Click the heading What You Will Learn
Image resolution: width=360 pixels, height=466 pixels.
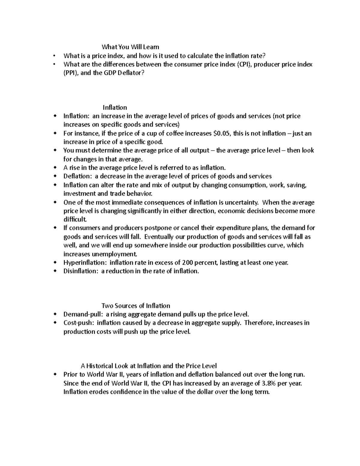(130, 47)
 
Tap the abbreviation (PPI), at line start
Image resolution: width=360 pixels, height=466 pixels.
(71, 73)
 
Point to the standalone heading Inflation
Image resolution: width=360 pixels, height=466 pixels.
(115, 107)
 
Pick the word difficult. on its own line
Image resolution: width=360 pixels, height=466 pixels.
(75, 219)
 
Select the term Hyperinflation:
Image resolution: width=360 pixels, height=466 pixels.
(85, 263)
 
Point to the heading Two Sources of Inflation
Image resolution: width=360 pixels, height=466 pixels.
(136, 306)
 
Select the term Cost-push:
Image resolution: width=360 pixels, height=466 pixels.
(79, 323)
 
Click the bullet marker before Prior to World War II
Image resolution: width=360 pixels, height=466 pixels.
(55, 374)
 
